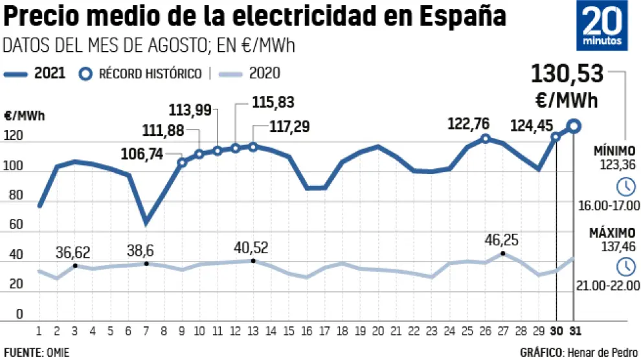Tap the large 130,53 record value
pos(567,74)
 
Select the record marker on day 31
pos(574,126)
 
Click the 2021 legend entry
pos(36,73)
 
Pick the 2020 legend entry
pos(249,73)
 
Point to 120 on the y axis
pos(14,137)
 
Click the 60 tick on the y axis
pos(14,225)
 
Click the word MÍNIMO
pos(616,151)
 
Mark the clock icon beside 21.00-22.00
pos(626,266)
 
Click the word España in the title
pos(463,16)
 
